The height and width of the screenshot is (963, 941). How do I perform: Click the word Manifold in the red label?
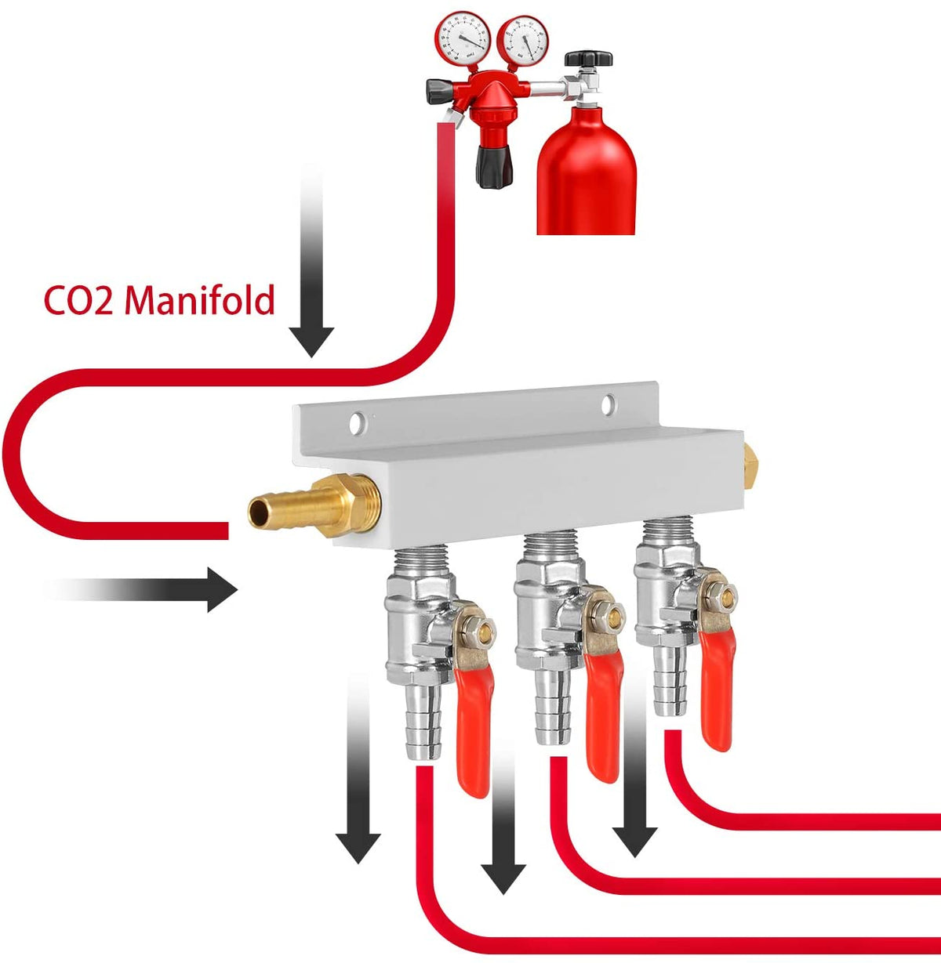click(x=200, y=300)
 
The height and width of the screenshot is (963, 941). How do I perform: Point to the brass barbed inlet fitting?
click(x=302, y=507)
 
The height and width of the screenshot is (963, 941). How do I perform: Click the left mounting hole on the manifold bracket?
click(x=358, y=422)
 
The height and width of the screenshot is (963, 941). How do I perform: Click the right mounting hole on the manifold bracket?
click(x=609, y=404)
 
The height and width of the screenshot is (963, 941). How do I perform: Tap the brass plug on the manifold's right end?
click(x=751, y=465)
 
